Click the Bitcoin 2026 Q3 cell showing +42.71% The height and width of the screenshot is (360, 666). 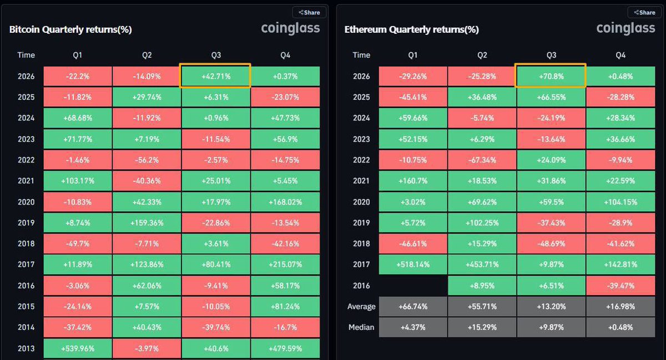pos(215,76)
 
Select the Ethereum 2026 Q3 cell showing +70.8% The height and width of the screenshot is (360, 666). pos(551,76)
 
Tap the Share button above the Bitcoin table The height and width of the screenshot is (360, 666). pos(309,13)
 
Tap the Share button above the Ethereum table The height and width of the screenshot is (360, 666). pos(644,13)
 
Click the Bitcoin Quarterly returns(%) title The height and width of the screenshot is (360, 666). pos(70,29)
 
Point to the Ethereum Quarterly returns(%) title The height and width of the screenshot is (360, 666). pos(411,29)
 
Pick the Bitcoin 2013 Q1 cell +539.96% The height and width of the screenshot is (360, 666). pos(78,348)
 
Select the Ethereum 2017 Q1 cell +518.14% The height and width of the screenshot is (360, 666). pos(413,264)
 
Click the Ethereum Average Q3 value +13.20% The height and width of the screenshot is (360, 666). pos(551,307)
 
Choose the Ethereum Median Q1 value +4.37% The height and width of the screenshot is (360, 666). pos(413,327)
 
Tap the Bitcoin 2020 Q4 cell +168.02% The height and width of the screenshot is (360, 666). pos(285,202)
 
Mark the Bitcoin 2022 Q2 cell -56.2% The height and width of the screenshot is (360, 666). pos(147,160)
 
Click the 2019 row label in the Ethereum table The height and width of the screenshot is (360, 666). pos(361,223)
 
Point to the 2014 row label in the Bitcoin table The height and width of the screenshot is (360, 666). pos(26,327)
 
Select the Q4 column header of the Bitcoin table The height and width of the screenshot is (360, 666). pos(285,55)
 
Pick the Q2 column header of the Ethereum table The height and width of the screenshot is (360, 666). pos(482,55)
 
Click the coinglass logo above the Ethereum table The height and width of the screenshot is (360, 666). pos(625,28)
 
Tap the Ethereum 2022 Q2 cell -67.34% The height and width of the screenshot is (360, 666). pos(482,160)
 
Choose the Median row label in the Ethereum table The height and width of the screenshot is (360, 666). pos(361,327)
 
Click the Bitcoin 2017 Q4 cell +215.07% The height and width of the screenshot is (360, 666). pos(285,264)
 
